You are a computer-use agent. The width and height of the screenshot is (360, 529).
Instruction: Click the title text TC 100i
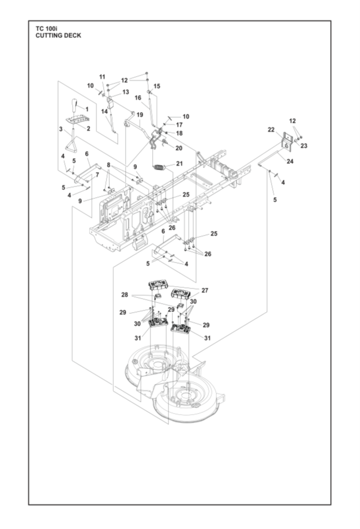(x=47, y=29)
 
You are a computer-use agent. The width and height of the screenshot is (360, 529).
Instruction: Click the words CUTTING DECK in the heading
(x=59, y=35)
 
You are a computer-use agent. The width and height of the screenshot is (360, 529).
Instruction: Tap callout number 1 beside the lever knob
(x=87, y=109)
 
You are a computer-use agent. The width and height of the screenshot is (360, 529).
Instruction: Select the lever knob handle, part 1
(x=75, y=106)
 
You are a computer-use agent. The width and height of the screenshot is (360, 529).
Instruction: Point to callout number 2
(x=88, y=128)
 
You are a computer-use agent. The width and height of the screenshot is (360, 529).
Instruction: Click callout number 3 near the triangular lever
(x=61, y=129)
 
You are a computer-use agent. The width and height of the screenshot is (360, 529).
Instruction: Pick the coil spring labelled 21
(x=159, y=168)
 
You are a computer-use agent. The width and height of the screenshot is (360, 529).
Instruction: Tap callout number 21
(x=180, y=163)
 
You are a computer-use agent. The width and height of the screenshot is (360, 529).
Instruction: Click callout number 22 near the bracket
(x=271, y=130)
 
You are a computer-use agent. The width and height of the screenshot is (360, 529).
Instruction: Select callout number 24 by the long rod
(x=290, y=161)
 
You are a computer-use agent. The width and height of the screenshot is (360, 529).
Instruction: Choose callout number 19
(x=140, y=115)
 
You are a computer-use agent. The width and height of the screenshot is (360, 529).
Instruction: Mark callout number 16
(x=137, y=98)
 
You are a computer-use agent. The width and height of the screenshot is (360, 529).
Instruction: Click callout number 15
(x=157, y=86)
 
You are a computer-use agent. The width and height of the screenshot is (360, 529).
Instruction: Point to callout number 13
(x=126, y=92)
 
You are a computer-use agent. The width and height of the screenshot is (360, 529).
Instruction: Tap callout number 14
(x=104, y=112)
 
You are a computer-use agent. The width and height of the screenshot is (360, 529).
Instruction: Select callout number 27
(x=205, y=290)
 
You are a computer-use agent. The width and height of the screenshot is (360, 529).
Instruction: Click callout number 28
(x=125, y=295)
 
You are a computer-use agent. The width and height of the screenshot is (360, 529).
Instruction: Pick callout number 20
(x=179, y=148)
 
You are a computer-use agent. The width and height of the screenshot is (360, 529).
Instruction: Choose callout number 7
(x=97, y=175)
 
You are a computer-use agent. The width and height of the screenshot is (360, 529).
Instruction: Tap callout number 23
(x=304, y=146)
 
